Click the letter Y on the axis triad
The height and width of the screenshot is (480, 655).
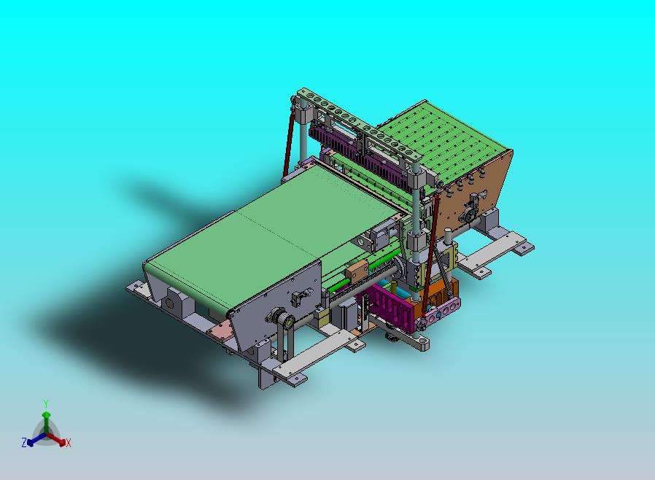(46, 404)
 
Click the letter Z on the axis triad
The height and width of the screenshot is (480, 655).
(24, 442)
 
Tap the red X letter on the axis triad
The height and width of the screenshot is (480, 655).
(68, 443)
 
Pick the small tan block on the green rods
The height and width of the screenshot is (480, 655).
(357, 270)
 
